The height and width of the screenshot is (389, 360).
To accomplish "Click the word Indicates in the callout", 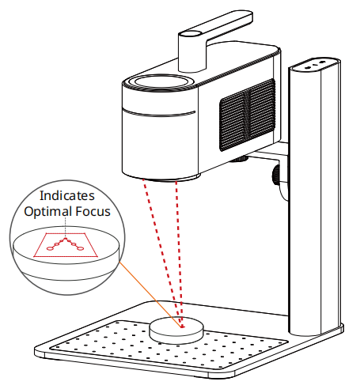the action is tap(67, 195).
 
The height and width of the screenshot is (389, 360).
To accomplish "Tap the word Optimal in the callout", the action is tap(48, 212).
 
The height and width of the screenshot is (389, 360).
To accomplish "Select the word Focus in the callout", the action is tap(93, 211).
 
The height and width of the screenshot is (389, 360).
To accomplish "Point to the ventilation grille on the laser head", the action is tap(248, 115).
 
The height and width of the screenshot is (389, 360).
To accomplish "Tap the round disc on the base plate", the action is tap(176, 330).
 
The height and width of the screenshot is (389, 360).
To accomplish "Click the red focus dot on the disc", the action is tap(182, 327).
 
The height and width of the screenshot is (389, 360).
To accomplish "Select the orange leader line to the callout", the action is tap(150, 295).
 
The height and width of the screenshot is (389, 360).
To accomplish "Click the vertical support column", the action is tap(315, 198).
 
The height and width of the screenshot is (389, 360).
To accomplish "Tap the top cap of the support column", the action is tap(314, 64).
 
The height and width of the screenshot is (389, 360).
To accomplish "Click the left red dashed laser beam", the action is tap(161, 251).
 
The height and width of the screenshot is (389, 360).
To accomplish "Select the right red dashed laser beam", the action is tap(180, 251).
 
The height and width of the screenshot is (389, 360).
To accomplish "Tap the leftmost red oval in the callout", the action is tap(50, 248).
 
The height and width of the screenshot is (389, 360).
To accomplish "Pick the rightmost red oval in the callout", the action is tap(80, 248).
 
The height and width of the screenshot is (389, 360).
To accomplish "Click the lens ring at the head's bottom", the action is tap(172, 179).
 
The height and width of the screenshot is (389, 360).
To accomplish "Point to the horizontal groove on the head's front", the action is tap(158, 113).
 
